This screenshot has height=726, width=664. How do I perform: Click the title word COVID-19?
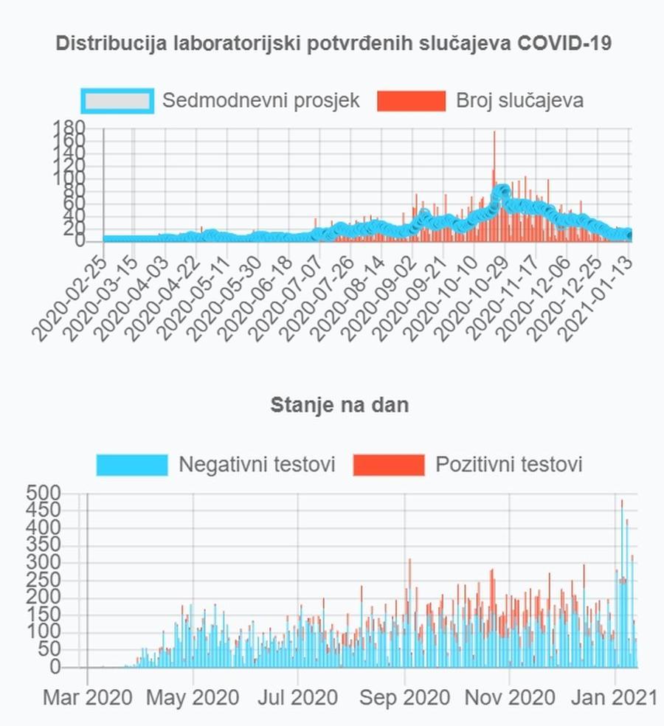point(564,43)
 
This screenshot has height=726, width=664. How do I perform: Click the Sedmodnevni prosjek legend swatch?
point(117,101)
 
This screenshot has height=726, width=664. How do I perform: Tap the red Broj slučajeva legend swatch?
point(411,101)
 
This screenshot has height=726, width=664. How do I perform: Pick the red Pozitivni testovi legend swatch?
point(389,465)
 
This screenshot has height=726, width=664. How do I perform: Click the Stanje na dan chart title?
point(339,405)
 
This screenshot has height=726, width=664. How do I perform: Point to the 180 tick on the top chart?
point(69,127)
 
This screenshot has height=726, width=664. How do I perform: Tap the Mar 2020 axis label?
point(88,696)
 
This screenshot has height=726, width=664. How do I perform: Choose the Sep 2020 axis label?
point(405,696)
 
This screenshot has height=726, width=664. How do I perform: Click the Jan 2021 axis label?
point(615,696)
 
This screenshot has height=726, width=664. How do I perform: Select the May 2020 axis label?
point(193,696)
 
